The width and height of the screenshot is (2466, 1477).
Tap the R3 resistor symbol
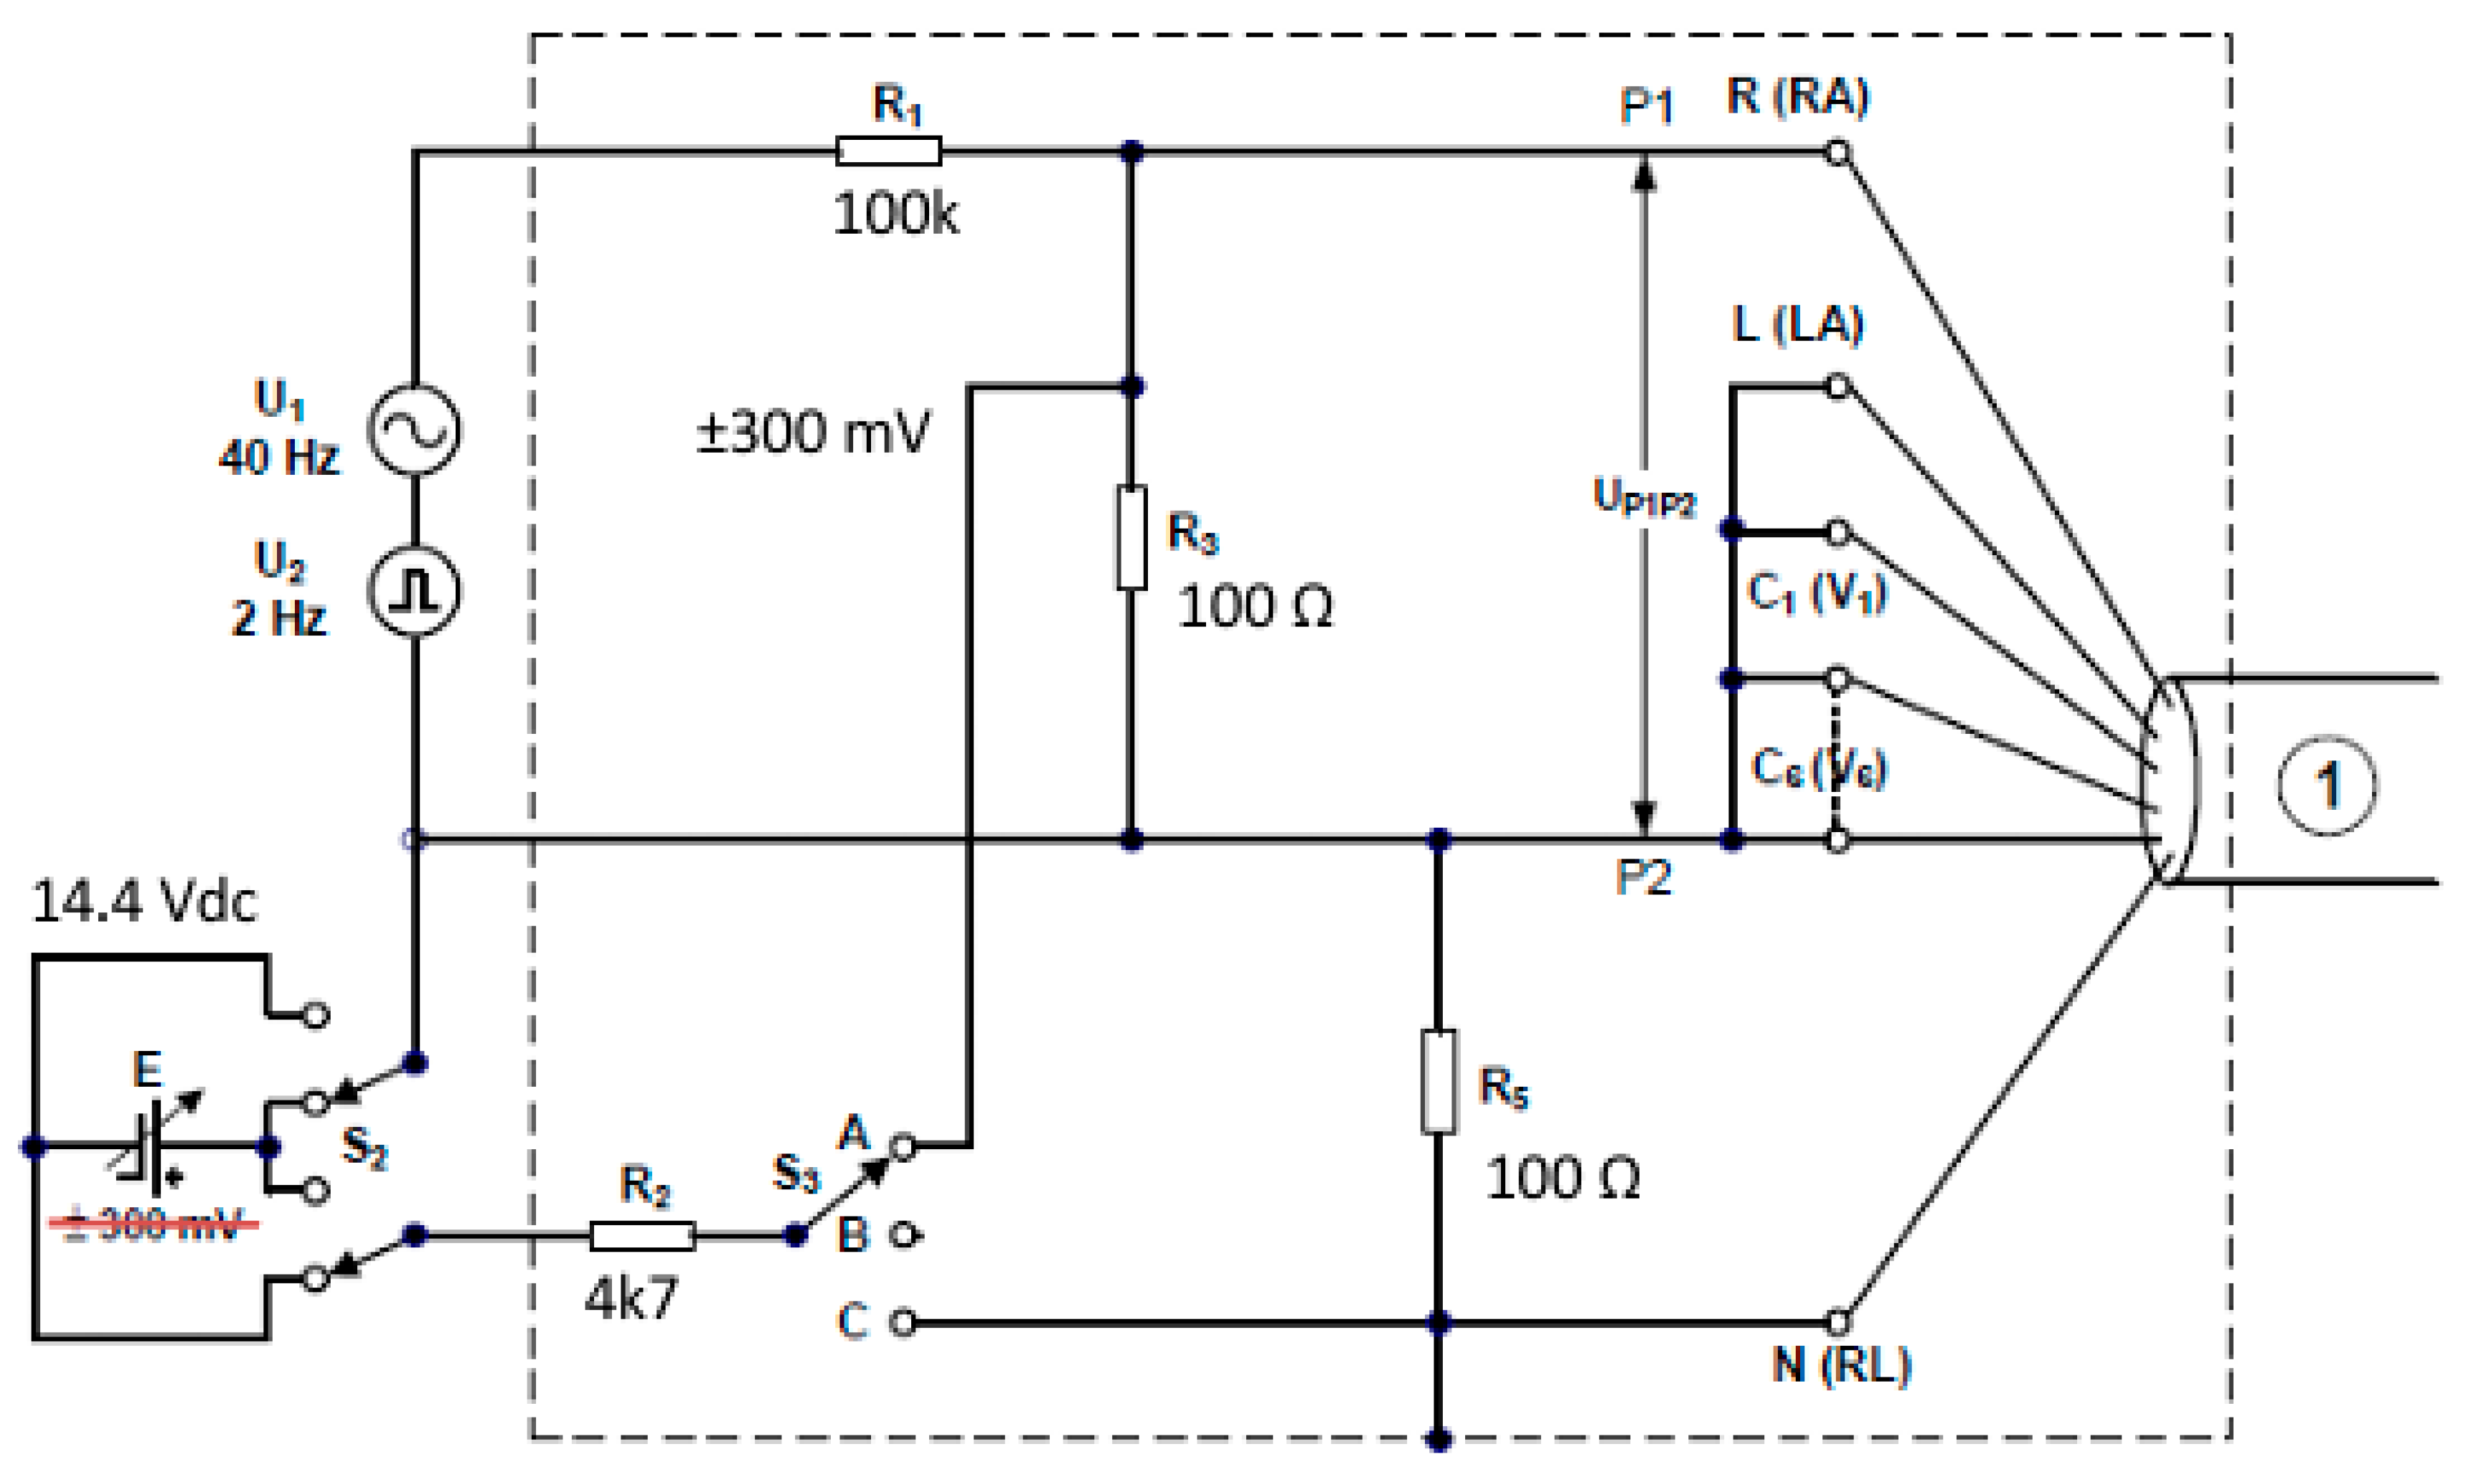pyautogui.click(x=1131, y=537)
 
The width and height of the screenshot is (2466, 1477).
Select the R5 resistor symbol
pyautogui.click(x=1437, y=1082)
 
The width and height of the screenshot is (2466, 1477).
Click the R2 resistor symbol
pyautogui.click(x=642, y=1236)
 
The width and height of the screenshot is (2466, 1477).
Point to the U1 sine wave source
pyautogui.click(x=414, y=430)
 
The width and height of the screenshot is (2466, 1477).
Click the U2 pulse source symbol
pyautogui.click(x=414, y=593)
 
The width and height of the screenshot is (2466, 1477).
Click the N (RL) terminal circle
pyautogui.click(x=1837, y=1323)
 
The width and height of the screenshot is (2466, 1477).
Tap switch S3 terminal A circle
pyautogui.click(x=902, y=1146)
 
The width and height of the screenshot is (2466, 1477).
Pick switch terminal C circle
pyautogui.click(x=902, y=1323)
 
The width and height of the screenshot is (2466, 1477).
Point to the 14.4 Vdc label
pyautogui.click(x=144, y=902)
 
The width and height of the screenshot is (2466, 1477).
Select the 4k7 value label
pyautogui.click(x=631, y=1298)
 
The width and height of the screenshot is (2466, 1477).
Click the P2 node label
pyautogui.click(x=1643, y=877)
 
